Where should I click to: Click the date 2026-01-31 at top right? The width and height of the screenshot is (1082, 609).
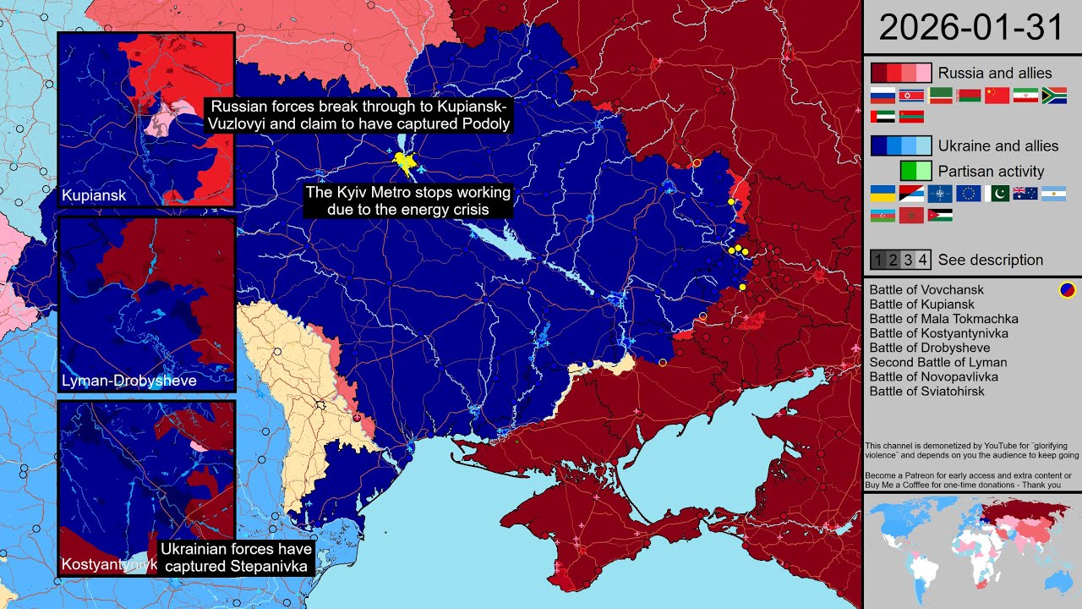pyautogui.click(x=971, y=28)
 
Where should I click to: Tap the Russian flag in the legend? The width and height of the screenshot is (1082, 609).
pyautogui.click(x=883, y=96)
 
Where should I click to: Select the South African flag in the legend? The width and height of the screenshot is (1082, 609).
pyautogui.click(x=1055, y=96)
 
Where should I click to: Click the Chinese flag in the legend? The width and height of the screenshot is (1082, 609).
pyautogui.click(x=997, y=96)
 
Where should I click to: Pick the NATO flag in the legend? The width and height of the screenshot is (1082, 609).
pyautogui.click(x=940, y=194)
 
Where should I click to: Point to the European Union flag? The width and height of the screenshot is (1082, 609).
pyautogui.click(x=969, y=194)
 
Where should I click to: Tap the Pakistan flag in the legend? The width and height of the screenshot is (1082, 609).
pyautogui.click(x=997, y=194)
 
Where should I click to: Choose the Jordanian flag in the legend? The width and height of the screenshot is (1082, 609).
pyautogui.click(x=940, y=216)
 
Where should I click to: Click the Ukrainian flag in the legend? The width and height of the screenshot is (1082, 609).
pyautogui.click(x=883, y=194)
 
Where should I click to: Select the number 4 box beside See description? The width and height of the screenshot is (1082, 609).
pyautogui.click(x=923, y=260)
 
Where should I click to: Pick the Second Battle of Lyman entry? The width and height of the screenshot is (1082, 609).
pyautogui.click(x=938, y=362)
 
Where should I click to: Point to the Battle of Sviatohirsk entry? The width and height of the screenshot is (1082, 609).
pyautogui.click(x=926, y=391)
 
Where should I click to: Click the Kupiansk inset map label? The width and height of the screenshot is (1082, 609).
pyautogui.click(x=94, y=196)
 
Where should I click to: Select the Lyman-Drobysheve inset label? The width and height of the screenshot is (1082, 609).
pyautogui.click(x=129, y=381)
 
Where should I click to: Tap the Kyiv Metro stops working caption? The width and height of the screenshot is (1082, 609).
pyautogui.click(x=408, y=200)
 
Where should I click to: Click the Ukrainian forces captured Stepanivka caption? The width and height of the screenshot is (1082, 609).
pyautogui.click(x=236, y=557)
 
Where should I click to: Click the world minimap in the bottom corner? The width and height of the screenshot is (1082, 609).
pyautogui.click(x=972, y=550)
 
